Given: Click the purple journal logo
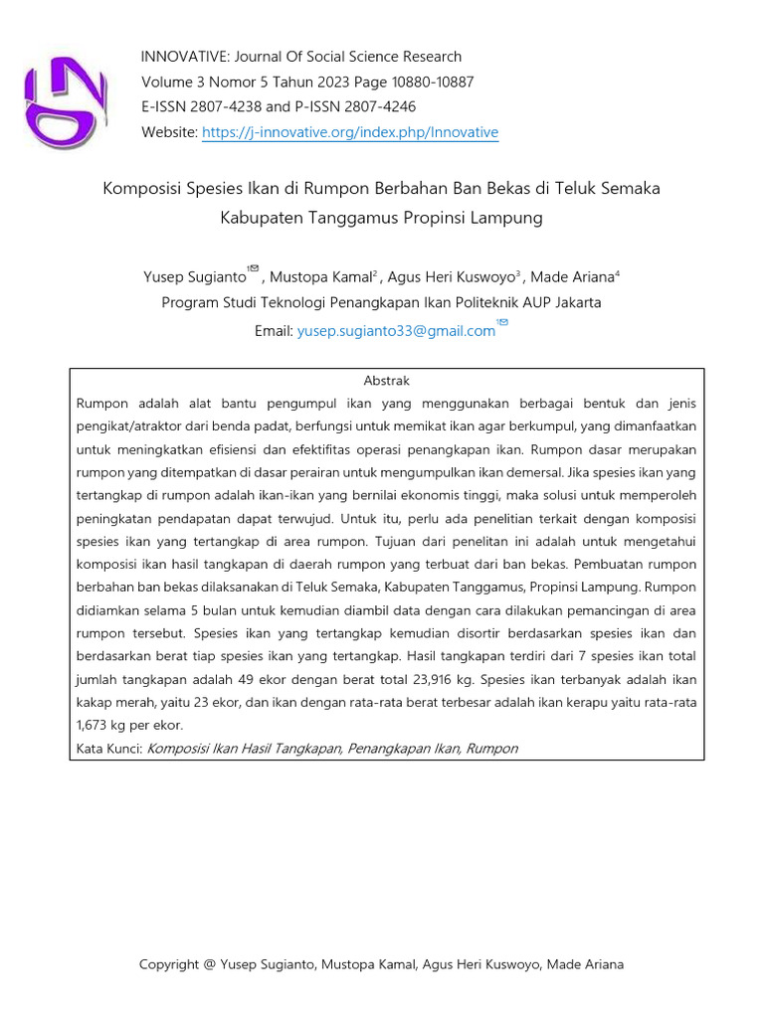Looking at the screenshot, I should pyautogui.click(x=66, y=100).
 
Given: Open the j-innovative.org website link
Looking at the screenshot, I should pyautogui.click(x=349, y=133).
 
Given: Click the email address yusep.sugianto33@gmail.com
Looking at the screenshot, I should pyautogui.click(x=396, y=332).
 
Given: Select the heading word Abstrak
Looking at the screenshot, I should pyautogui.click(x=387, y=381).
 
